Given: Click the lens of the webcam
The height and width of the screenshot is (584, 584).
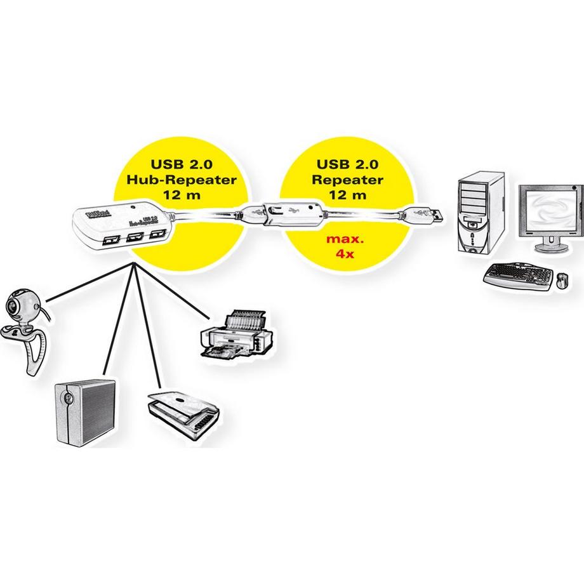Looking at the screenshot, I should click(x=13, y=308).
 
